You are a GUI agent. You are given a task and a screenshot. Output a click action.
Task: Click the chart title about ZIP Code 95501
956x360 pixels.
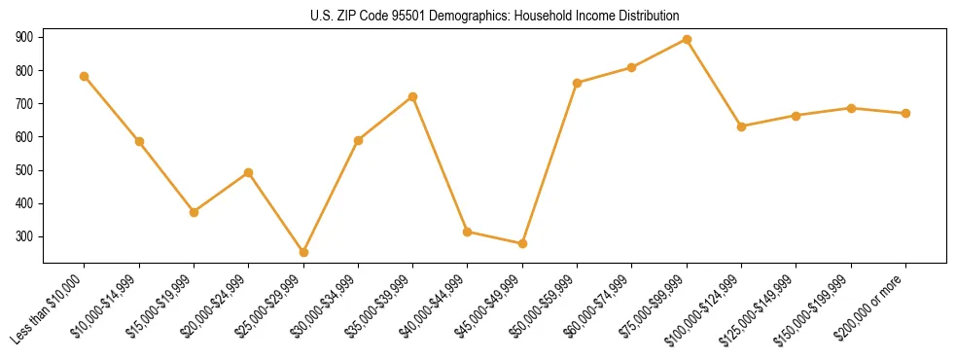[x=494, y=17]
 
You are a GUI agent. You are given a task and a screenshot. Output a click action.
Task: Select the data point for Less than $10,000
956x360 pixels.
[x=85, y=76]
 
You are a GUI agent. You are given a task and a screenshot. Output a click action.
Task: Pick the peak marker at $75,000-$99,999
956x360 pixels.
[x=687, y=40]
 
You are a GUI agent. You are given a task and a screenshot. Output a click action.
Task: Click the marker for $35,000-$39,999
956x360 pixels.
[x=413, y=96]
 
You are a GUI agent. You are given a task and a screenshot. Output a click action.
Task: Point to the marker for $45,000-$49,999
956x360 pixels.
[x=522, y=243]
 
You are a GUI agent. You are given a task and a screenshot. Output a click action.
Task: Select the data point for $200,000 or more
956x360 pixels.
[x=905, y=113]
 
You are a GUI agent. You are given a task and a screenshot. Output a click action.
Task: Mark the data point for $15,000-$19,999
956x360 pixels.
[x=194, y=212]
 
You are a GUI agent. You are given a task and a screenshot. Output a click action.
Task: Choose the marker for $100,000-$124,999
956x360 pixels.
[x=741, y=126]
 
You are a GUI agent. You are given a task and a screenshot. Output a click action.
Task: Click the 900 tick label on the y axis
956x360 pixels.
[x=24, y=37]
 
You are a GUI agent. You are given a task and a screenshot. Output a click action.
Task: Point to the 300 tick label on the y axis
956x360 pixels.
[x=24, y=236]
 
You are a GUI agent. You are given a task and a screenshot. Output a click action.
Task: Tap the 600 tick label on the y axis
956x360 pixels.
[x=24, y=137]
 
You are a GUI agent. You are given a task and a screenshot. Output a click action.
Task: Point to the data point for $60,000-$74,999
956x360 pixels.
[x=631, y=67]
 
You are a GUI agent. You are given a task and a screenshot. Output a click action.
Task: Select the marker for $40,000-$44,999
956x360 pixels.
[x=468, y=232]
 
